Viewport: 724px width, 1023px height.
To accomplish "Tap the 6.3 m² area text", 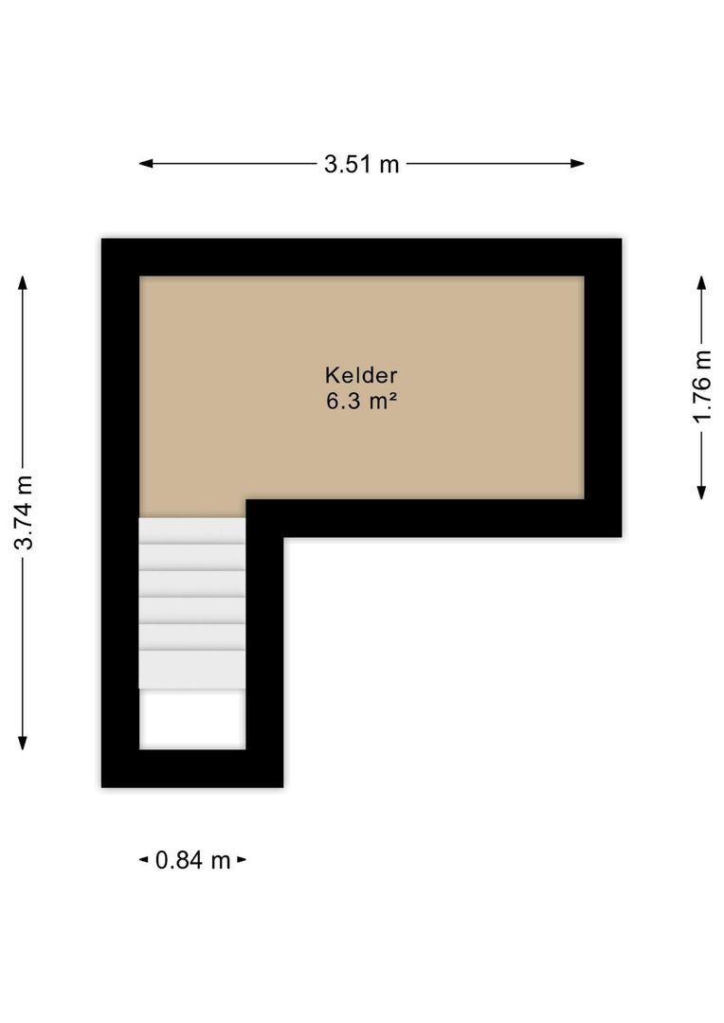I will pyautogui.click(x=360, y=401).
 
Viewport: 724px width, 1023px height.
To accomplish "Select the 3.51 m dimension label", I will pyautogui.click(x=361, y=164).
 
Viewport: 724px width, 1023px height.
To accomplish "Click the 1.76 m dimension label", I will pyautogui.click(x=701, y=387).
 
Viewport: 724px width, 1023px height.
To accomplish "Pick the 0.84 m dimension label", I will pyautogui.click(x=193, y=860).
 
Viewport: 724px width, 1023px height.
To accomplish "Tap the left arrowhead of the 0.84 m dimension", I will pyautogui.click(x=144, y=860).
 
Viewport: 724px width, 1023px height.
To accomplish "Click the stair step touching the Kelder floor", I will pyautogui.click(x=192, y=530).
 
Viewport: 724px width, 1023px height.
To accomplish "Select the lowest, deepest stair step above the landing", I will pyautogui.click(x=192, y=669).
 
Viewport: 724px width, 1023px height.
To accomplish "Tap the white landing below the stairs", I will pyautogui.click(x=192, y=718).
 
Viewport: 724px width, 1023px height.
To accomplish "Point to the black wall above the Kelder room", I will pyautogui.click(x=360, y=257).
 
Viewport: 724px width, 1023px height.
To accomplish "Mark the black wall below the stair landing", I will pyautogui.click(x=192, y=768).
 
